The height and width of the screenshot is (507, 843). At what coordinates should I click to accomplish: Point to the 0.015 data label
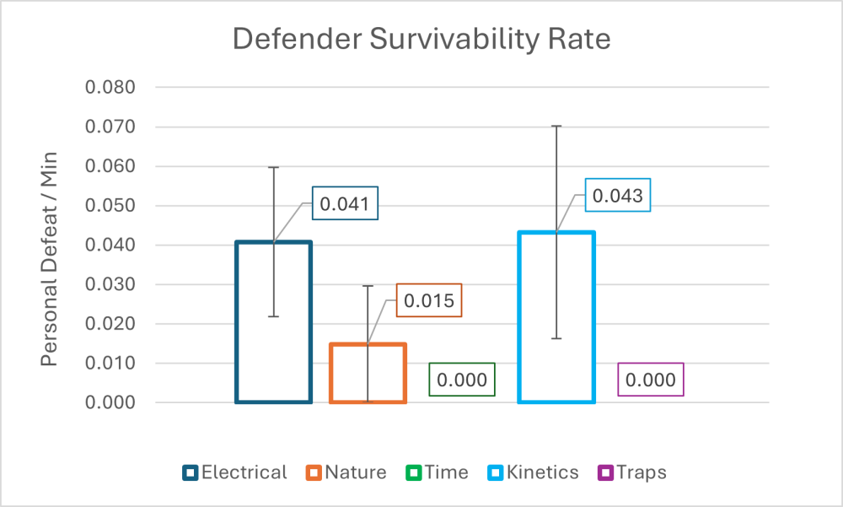click(x=428, y=300)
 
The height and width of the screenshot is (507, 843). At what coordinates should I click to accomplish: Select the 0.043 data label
click(x=617, y=195)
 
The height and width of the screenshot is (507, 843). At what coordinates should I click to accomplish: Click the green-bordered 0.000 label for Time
click(x=461, y=380)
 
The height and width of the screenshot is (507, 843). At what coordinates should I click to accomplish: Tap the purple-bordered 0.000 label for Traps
click(x=650, y=380)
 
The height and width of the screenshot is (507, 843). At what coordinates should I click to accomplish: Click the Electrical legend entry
click(x=235, y=472)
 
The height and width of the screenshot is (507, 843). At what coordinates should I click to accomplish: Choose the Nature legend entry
click(x=346, y=472)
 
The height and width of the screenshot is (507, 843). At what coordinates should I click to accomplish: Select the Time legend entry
click(x=437, y=472)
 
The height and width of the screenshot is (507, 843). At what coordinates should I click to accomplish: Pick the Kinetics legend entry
click(x=533, y=472)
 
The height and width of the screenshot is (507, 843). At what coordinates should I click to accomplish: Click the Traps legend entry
click(x=632, y=472)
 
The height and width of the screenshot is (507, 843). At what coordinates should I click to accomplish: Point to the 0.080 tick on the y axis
click(x=111, y=88)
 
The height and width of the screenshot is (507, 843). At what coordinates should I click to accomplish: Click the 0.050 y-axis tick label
click(x=111, y=206)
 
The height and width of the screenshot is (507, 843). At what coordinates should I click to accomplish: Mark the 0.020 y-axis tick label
click(x=111, y=324)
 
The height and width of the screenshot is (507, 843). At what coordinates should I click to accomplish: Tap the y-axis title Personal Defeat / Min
click(x=51, y=245)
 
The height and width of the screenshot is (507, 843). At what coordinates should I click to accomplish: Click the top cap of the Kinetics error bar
click(x=556, y=127)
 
